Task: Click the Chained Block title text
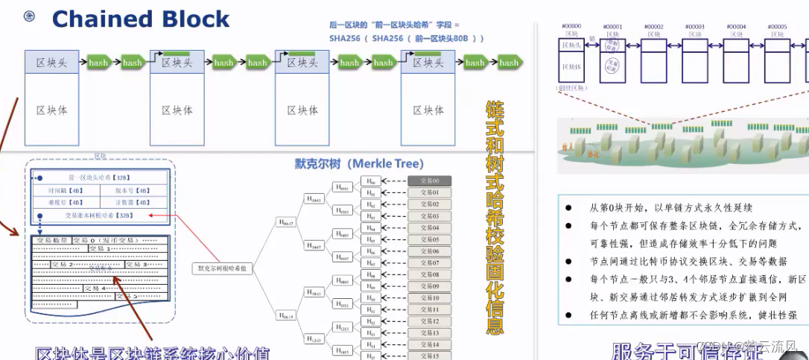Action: click(141, 19)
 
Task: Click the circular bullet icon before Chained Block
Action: click(30, 16)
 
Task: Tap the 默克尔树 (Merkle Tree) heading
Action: click(359, 163)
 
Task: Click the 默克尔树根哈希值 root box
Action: click(221, 268)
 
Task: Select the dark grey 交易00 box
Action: click(429, 180)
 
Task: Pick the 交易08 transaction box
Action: click(429, 274)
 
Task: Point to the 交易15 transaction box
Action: click(429, 356)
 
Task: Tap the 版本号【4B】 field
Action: click(134, 190)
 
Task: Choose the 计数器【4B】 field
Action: click(134, 202)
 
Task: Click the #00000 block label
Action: click(571, 26)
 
